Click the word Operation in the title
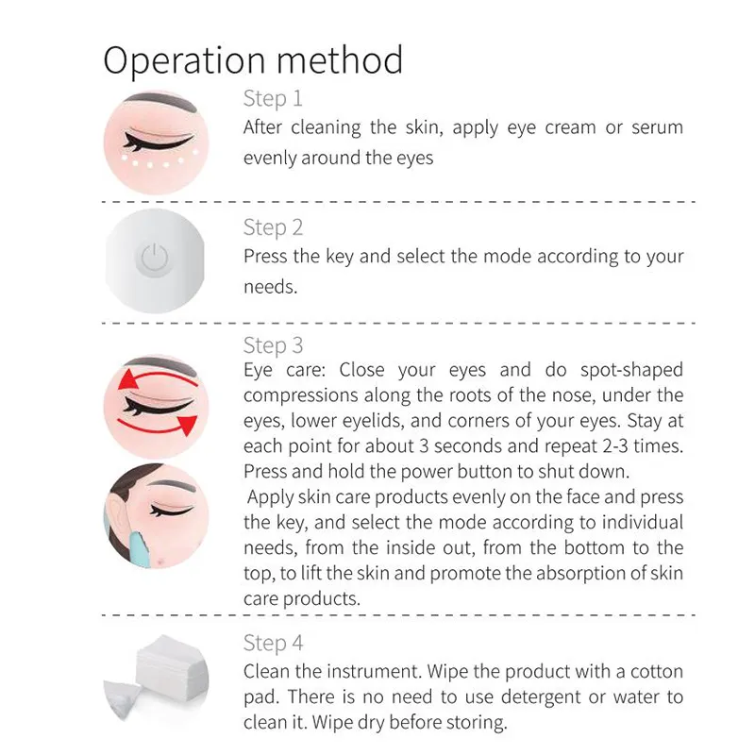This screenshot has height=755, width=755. tap(184, 60)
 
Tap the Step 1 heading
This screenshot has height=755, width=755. tap(273, 99)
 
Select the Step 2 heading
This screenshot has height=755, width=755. tap(273, 227)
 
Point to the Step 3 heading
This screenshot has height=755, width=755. tap(273, 345)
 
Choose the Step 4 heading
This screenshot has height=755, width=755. tap(273, 643)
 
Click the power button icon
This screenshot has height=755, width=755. tap(155, 259)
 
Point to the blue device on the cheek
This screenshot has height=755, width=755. tap(138, 546)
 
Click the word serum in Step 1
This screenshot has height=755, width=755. tap(657, 127)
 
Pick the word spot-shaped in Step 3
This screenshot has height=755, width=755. tap(631, 370)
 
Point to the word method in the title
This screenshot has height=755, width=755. tap(340, 59)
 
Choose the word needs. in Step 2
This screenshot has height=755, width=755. tap(270, 287)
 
